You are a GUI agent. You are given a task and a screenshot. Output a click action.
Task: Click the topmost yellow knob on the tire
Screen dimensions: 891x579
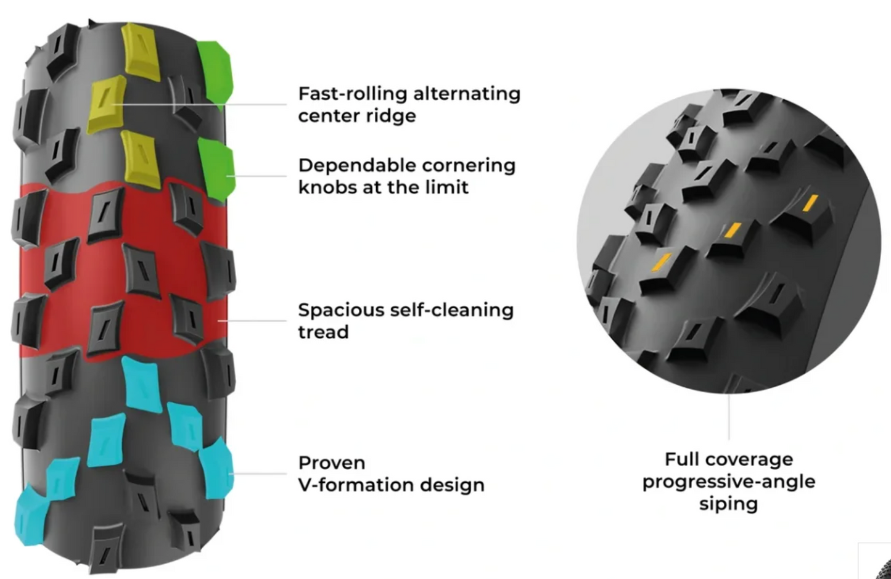141,51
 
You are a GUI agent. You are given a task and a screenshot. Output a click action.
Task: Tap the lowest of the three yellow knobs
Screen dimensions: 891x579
141,160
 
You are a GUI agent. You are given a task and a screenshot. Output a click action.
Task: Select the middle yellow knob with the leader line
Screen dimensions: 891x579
106,104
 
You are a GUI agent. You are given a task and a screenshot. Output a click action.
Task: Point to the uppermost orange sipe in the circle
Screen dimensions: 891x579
810,203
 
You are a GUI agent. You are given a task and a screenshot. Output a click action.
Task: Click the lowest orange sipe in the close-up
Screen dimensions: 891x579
662,263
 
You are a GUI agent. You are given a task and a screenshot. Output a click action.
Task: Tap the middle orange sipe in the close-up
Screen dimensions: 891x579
733,230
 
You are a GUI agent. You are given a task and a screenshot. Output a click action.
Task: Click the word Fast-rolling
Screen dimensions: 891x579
353,94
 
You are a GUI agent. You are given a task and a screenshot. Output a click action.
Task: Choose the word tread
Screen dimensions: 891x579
323,332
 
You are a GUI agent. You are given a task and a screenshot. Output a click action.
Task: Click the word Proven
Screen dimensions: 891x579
332,463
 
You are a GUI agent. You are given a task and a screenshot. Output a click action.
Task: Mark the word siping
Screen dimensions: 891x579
728,504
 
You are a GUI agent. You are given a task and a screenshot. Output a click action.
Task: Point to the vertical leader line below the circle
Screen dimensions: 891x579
729,417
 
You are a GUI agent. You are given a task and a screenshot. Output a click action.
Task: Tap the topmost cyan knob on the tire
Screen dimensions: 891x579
142,384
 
